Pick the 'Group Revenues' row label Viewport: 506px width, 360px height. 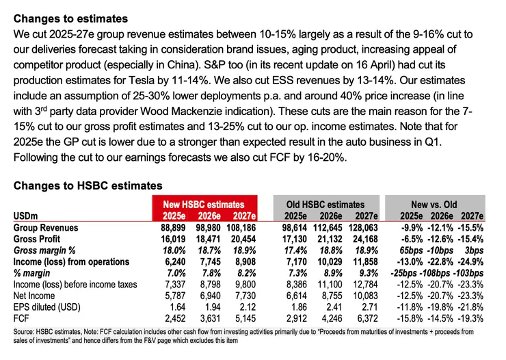pyautogui.click(x=46, y=227)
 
